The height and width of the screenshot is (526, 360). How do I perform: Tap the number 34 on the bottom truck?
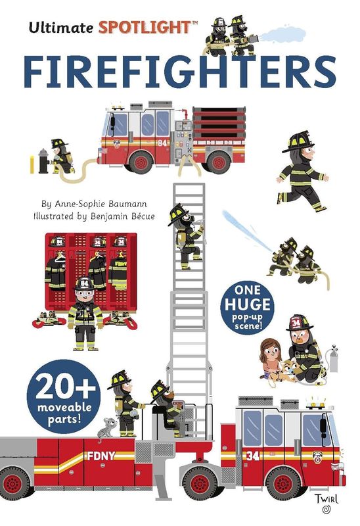[x=252, y=455]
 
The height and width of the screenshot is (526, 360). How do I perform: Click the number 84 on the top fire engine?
[x=162, y=141]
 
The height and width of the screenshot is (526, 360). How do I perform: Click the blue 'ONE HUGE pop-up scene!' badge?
[x=247, y=307]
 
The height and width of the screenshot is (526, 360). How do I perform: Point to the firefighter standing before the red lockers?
[x=83, y=312]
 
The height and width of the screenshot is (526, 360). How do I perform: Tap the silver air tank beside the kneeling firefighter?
[x=333, y=360]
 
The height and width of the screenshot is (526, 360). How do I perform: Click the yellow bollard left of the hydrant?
[x=31, y=164]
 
